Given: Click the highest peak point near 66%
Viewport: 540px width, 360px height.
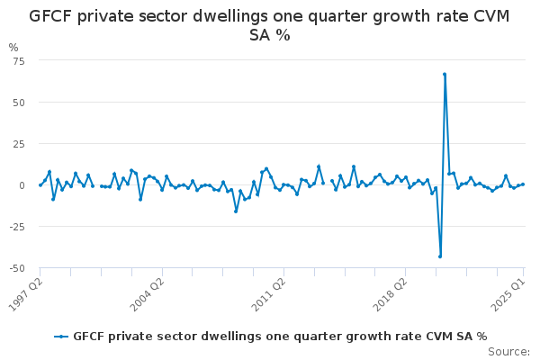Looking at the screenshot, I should pos(445,75).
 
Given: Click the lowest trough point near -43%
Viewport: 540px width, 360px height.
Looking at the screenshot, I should pos(440,256).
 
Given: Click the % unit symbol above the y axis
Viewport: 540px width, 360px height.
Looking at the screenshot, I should pos(13,47).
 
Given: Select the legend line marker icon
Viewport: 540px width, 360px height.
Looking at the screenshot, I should pos(61,337).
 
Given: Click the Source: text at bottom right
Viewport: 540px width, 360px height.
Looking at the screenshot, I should pos(509,352).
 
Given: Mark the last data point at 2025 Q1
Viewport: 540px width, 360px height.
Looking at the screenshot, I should pos(523,184).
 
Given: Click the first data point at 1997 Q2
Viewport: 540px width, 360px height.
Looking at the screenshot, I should pos(40,184).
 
